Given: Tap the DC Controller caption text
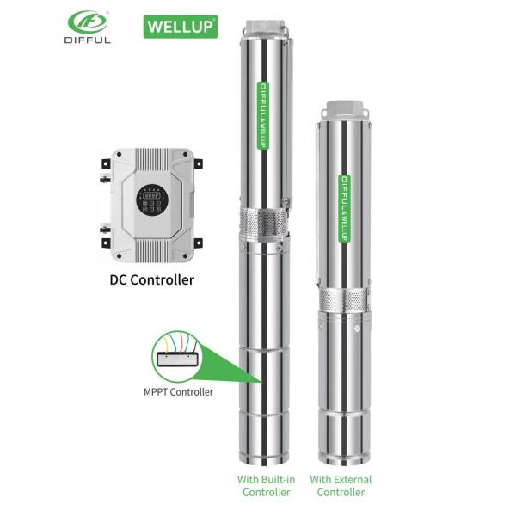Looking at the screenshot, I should pyautogui.click(x=151, y=279).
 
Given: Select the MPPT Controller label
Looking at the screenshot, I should pyautogui.click(x=175, y=392).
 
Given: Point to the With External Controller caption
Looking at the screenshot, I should pyautogui.click(x=341, y=485).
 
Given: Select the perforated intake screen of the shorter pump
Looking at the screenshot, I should pyautogui.click(x=343, y=300).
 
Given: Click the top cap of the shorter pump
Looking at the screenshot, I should pyautogui.click(x=343, y=108).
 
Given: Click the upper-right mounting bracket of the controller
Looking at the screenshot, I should pyautogui.click(x=198, y=163).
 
